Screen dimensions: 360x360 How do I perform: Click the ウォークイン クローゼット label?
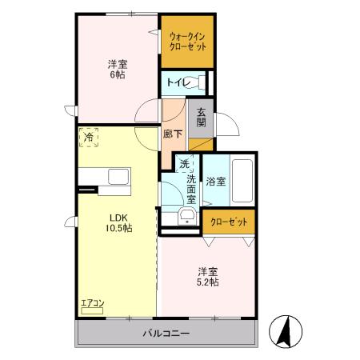coord(188,41)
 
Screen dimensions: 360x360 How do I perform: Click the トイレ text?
coord(178,82)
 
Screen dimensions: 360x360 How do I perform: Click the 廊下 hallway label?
coord(171,135)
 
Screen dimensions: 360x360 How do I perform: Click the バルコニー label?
coord(166,332)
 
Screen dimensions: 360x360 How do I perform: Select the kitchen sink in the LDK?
coord(117,177)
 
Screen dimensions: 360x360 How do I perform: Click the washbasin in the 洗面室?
coord(187,217)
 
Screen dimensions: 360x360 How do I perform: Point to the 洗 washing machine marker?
coord(184,164)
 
